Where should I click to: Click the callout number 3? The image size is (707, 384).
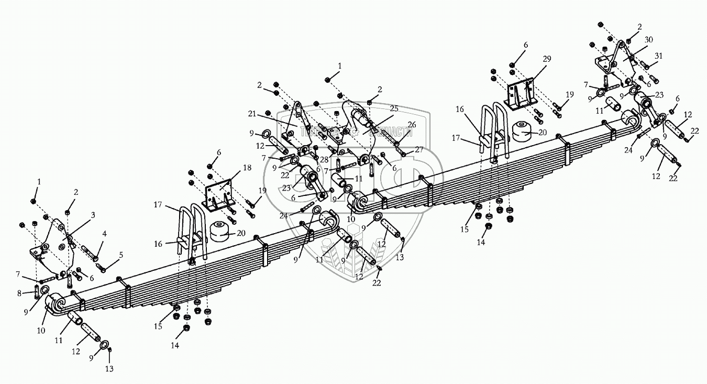93,214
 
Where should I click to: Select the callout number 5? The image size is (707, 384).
121,255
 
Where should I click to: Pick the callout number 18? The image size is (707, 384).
247,168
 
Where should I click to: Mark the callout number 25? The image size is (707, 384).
394,108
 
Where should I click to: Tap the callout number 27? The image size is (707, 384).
419,149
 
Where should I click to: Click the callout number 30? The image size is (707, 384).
648,40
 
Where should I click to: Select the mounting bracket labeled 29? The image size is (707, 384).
521,93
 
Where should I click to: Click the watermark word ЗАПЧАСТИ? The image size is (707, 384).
391,133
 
